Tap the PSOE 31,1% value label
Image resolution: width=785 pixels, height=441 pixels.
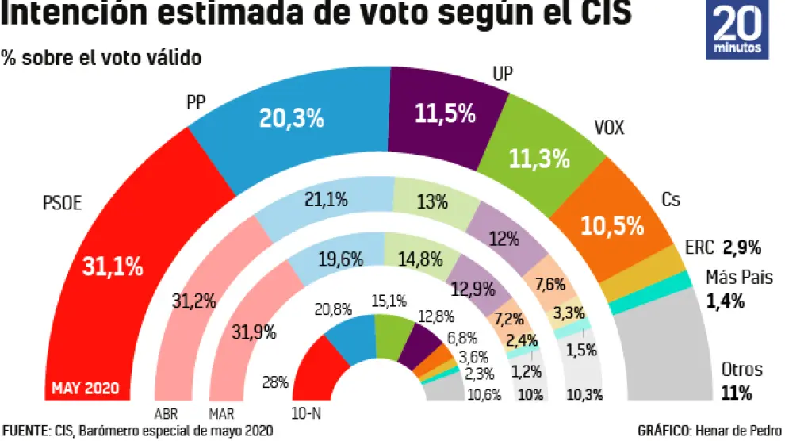tap(113, 267)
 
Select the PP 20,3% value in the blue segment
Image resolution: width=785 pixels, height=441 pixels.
tap(292, 118)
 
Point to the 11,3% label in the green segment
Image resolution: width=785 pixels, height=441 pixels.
tap(538, 159)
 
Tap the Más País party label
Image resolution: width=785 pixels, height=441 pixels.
tap(738, 277)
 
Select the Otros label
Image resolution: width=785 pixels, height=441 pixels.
tap(741, 370)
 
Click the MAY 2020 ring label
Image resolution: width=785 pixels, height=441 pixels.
tap(86, 389)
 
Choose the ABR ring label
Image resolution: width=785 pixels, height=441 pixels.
tap(167, 413)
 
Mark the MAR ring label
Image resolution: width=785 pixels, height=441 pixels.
tap(221, 413)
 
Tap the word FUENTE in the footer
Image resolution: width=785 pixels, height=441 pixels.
tap(25, 431)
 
